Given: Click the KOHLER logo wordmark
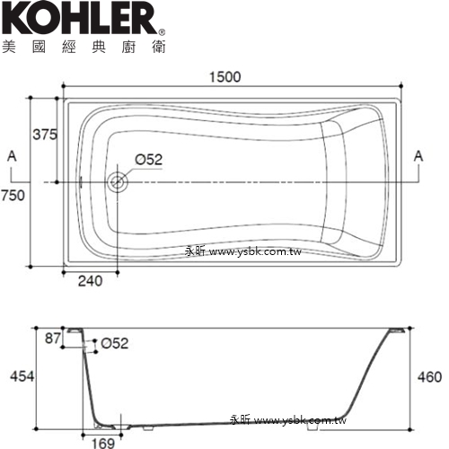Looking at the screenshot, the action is [79, 19].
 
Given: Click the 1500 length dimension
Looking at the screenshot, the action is [224, 77].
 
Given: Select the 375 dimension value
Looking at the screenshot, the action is [45, 135].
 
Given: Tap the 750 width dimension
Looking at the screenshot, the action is [13, 196].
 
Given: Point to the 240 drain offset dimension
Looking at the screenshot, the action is [90, 281].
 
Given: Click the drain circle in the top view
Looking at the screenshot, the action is [117, 182].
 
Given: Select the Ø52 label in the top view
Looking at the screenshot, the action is [149, 160].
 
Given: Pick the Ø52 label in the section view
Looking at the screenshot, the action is [115, 343].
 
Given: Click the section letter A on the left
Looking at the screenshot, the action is [12, 156].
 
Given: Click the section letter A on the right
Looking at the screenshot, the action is [418, 156].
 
